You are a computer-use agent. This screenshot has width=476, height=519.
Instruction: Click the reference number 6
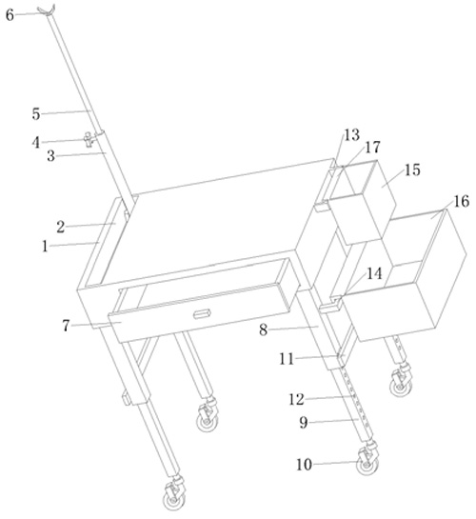tap(10, 15)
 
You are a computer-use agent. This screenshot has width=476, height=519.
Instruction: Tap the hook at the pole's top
tap(47, 10)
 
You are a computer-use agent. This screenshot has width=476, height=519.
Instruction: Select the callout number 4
tap(36, 143)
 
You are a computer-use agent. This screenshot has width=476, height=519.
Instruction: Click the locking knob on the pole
tap(89, 139)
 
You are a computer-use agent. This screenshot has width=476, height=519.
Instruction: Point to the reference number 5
tap(36, 114)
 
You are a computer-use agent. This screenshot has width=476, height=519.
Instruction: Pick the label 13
tap(351, 134)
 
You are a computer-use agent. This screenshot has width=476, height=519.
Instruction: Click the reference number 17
tap(373, 147)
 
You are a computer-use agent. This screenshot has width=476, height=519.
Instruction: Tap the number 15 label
tap(412, 170)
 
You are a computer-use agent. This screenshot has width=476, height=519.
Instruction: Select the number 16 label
tap(461, 201)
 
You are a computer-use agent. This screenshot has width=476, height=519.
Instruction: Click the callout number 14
tap(374, 273)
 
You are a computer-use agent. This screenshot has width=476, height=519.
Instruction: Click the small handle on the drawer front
tap(202, 314)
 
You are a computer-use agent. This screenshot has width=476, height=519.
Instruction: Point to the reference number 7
tap(66, 326)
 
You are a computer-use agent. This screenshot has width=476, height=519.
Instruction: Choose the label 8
tap(264, 329)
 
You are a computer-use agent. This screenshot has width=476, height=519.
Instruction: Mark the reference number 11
tap(287, 359)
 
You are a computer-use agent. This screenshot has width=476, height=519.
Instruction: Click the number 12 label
tap(296, 399)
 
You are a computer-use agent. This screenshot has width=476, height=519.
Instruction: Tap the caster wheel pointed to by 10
tap(367, 462)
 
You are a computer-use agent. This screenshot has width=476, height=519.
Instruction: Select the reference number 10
tap(304, 465)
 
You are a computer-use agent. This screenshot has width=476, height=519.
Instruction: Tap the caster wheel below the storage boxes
tap(401, 383)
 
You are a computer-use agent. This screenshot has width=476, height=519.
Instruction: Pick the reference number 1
tap(45, 247)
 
